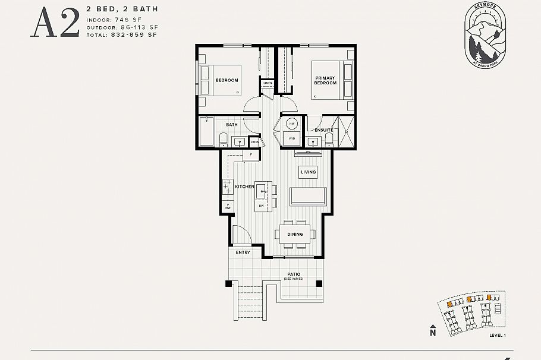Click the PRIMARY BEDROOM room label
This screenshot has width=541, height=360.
tap(325, 80)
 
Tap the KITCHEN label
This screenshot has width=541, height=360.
tap(244, 187)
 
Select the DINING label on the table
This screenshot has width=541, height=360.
tap(295, 234)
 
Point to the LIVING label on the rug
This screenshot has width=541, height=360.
tap(308, 172)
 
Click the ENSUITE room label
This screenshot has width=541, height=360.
tap(323, 130)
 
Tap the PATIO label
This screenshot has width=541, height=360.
tap(294, 274)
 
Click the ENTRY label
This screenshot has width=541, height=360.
tap(243, 252)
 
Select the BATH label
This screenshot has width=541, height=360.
tap(231, 125)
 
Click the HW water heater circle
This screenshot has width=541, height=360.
tap(292, 124)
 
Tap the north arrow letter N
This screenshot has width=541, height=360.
tap(432, 333)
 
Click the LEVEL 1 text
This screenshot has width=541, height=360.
tap(497, 336)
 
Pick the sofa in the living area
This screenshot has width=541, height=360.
tap(308, 196)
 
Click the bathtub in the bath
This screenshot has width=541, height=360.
tap(206, 131)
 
